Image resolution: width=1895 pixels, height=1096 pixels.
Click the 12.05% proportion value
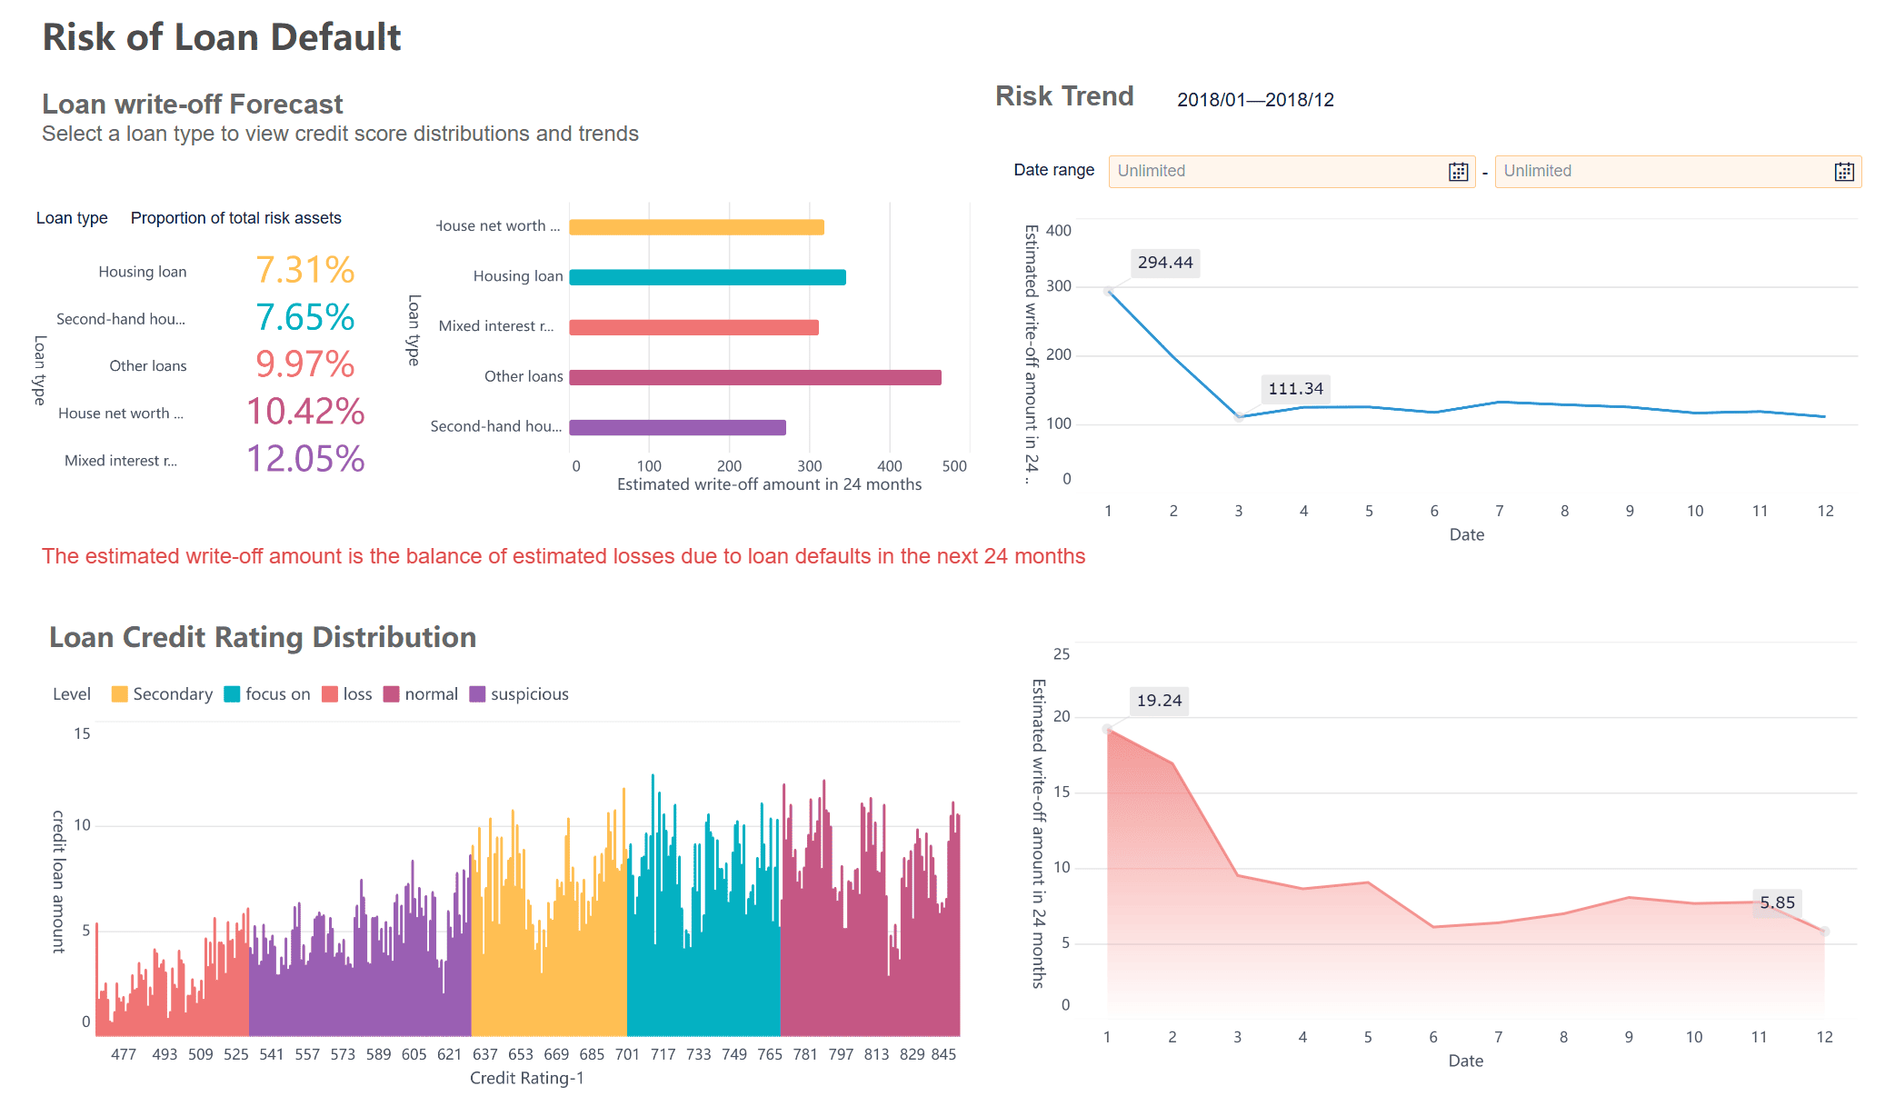[305, 459]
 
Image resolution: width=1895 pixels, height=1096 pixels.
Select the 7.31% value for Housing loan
[304, 271]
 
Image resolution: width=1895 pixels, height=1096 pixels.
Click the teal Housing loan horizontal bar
[707, 277]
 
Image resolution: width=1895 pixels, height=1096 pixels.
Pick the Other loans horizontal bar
[754, 377]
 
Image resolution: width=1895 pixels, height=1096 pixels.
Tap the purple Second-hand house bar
[677, 427]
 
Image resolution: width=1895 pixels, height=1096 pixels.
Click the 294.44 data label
[1164, 263]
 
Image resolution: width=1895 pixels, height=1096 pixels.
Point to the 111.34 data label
[1295, 389]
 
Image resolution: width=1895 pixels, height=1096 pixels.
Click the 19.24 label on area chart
[1159, 701]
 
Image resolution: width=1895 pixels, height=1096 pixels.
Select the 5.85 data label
[1777, 902]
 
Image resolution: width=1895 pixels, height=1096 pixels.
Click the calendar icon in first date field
[1458, 172]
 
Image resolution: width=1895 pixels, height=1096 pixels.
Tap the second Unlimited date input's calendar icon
[1844, 172]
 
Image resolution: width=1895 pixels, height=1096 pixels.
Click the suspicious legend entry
[519, 694]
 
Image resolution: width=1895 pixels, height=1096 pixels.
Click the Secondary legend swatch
[119, 694]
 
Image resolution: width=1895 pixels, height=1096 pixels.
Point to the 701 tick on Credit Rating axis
[627, 1054]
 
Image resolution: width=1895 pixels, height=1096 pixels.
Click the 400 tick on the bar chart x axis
[889, 466]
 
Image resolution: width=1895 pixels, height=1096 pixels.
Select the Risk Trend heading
[1064, 96]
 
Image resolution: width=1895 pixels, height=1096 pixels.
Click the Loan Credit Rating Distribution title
[263, 637]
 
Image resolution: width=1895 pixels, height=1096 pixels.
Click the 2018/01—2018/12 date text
[1255, 100]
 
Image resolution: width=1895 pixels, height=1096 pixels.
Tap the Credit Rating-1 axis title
[526, 1078]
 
